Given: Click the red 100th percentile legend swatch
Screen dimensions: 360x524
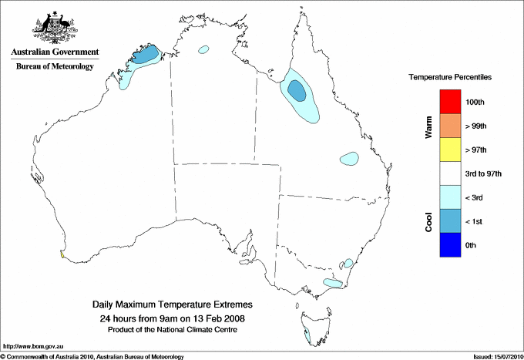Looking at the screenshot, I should (448, 102).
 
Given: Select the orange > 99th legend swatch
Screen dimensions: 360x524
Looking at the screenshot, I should (448, 126).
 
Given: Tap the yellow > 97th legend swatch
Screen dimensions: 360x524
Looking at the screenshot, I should (448, 150).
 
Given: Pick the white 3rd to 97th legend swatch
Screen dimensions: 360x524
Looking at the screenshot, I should (448, 173).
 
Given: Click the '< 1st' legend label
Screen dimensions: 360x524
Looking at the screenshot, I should (476, 221).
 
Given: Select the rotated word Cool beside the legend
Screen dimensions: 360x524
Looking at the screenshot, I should (429, 221).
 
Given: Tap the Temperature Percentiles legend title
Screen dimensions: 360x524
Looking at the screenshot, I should (450, 78).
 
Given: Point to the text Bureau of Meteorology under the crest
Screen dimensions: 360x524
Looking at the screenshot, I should (55, 66).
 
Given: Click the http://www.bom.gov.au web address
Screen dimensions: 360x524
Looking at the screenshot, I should (32, 346).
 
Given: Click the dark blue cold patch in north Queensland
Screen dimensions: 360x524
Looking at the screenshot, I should (296, 91).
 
